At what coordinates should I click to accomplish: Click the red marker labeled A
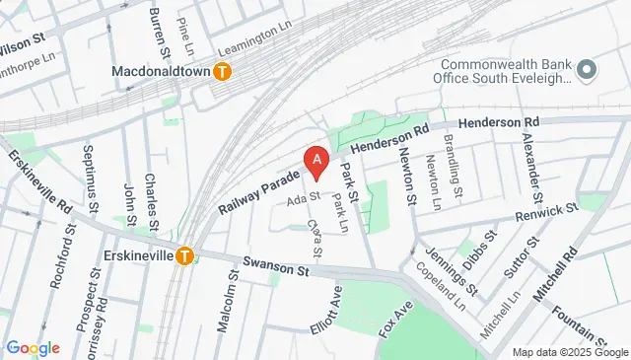click(x=315, y=161)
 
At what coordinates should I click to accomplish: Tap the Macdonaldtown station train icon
click(x=224, y=71)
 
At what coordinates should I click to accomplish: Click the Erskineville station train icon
click(x=184, y=254)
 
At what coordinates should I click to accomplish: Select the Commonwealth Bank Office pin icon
click(x=588, y=70)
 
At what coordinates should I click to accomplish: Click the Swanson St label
click(x=269, y=266)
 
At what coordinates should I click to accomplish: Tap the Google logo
click(x=33, y=348)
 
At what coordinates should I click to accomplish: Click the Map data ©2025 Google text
click(x=569, y=352)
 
